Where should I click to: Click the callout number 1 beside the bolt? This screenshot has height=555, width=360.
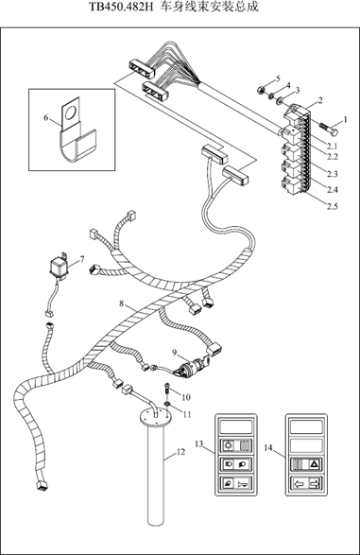pos(346,119)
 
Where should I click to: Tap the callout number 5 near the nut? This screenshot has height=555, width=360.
pos(278,78)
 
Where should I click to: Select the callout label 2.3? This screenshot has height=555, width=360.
pos(332,174)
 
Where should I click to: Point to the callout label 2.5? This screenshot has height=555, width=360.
pos(332,206)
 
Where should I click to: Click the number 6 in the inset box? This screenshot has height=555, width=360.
pos(46,117)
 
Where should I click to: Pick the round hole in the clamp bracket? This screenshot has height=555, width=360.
pos(70,113)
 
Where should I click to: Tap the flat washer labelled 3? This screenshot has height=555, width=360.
pos(280,101)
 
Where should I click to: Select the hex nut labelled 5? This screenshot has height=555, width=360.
pos(261,90)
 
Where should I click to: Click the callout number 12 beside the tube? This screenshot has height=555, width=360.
pos(180,452)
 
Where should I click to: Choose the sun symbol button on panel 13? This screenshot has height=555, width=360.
pos(229,445)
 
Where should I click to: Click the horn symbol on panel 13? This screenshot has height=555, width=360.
pos(244,483)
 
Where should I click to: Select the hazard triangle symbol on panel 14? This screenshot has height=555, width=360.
pos(314,463)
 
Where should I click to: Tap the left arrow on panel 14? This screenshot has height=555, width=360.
pos(299,483)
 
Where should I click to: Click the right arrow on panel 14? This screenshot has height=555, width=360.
pos(315,483)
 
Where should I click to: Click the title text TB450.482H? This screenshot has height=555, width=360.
pos(121,7)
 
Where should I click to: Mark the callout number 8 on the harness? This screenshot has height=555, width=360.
pos(122,304)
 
